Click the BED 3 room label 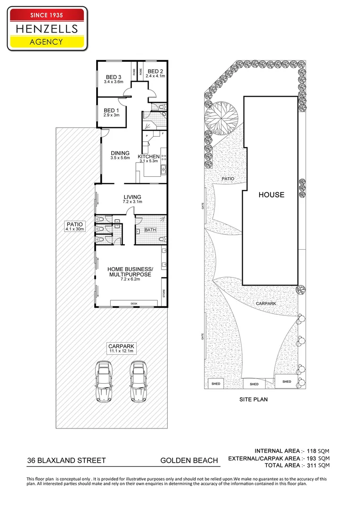click(114, 77)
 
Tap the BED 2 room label click(155, 71)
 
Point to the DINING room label click(120, 153)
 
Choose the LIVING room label click(132, 197)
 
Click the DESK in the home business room click(134, 304)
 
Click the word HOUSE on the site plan click(271, 194)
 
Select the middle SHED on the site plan click(254, 384)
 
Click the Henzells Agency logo click(47, 28)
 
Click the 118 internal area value click(312, 450)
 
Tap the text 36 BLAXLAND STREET click(66, 460)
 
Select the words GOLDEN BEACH click(189, 460)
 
